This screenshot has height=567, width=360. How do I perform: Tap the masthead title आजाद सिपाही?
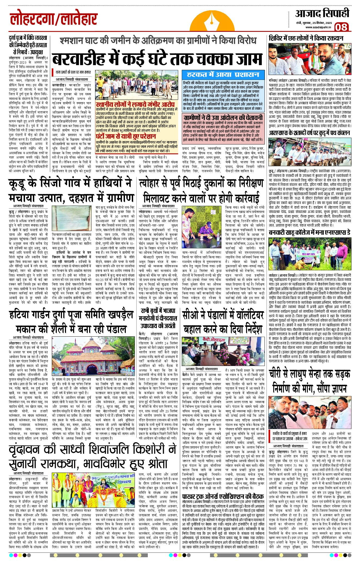(x=322, y=13)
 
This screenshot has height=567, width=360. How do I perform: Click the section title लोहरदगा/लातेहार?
(x=54, y=20)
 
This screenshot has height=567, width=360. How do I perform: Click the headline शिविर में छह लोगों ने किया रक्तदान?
(x=306, y=38)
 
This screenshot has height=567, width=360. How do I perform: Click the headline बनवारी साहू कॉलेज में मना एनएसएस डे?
(x=309, y=233)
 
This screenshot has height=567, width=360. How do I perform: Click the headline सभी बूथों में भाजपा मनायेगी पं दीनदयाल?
(x=158, y=318)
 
